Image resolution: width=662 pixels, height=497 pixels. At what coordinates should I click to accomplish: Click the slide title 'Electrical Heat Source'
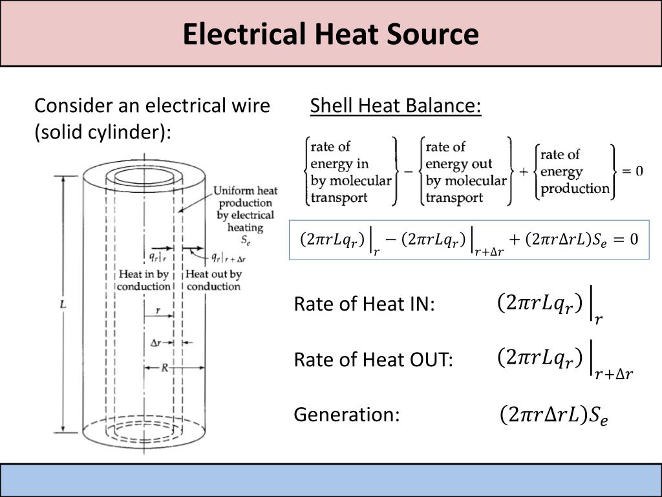coord(330,34)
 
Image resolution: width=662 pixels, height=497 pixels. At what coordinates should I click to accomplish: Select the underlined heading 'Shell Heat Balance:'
coord(396,105)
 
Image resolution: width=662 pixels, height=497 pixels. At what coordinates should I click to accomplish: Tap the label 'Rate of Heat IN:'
coord(365,304)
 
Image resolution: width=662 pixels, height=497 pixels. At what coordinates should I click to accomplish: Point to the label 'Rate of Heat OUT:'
coord(374,360)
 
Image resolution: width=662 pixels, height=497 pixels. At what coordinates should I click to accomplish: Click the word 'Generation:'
coord(347,414)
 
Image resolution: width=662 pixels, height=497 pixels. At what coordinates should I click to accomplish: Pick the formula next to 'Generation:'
coord(553,415)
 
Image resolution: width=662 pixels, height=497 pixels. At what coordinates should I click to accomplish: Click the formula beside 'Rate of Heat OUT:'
coord(564,361)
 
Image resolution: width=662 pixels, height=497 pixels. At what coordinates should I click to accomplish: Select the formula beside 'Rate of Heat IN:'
coord(550,305)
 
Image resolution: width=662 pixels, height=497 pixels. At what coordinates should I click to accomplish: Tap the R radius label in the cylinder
coord(165,368)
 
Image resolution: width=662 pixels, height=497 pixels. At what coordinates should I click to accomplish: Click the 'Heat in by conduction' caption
coord(144,280)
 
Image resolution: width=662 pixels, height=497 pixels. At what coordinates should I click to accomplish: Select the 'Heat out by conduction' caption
coord(213,280)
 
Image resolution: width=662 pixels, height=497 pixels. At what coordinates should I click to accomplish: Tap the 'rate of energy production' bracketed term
coord(575,171)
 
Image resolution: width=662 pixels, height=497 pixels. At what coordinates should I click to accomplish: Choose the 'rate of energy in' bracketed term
coord(350,171)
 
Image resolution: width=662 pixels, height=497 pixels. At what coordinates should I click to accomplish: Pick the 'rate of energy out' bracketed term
coord(465,171)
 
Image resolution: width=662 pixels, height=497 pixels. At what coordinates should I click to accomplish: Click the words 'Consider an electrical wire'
coord(152,105)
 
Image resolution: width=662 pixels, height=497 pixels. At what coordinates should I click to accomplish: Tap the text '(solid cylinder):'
coord(103,131)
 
